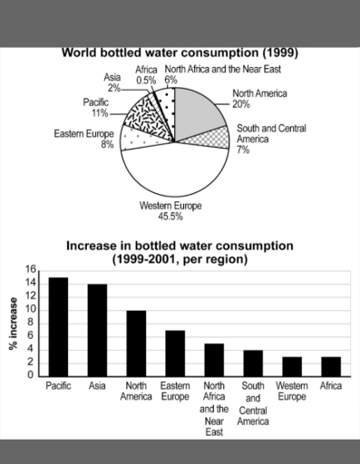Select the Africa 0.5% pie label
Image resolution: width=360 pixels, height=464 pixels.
146,74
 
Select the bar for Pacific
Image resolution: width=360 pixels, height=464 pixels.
58,326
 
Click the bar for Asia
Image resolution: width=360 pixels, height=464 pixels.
97,330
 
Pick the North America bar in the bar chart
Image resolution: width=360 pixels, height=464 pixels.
136,343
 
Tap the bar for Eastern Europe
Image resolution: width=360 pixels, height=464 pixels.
175,353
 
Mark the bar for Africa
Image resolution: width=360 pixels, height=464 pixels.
331,366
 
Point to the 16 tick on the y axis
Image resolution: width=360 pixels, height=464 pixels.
30,269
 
